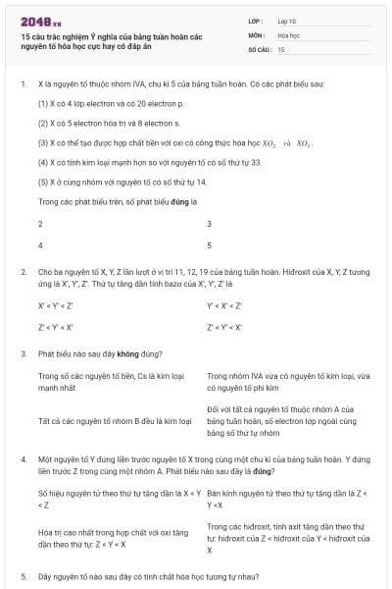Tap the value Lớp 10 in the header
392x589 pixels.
[x=287, y=20]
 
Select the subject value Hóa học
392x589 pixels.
[x=289, y=33]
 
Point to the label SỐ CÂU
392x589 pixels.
[x=259, y=48]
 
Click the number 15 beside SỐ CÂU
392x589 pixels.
[x=281, y=48]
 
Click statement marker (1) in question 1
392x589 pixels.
[x=43, y=101]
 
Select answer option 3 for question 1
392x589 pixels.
[x=209, y=224]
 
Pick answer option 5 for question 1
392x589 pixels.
[x=209, y=244]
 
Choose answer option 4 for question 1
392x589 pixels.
[x=40, y=244]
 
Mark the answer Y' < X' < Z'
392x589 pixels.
[x=224, y=305]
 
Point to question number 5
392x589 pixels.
[x=24, y=575]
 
